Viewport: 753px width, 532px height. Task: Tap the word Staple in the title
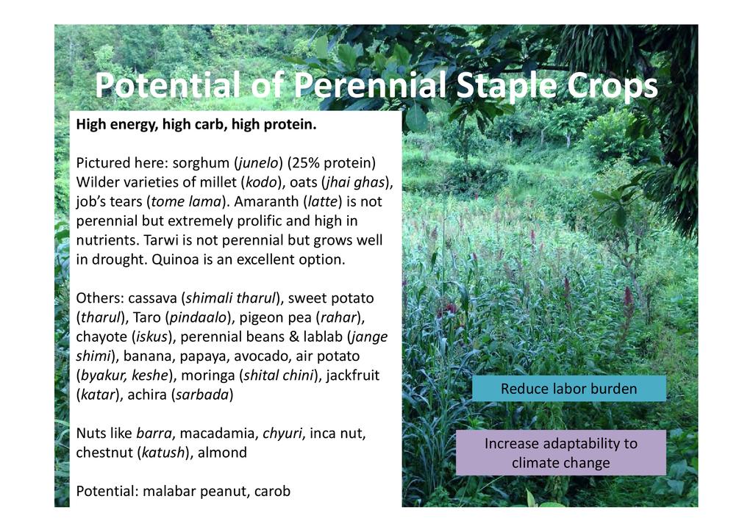[506, 87]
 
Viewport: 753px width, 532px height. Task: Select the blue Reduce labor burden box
[569, 388]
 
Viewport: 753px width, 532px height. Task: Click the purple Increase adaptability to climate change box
[561, 453]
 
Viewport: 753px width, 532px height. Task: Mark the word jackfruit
[353, 375]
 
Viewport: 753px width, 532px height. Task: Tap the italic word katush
[163, 453]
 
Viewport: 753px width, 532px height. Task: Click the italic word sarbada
[202, 395]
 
